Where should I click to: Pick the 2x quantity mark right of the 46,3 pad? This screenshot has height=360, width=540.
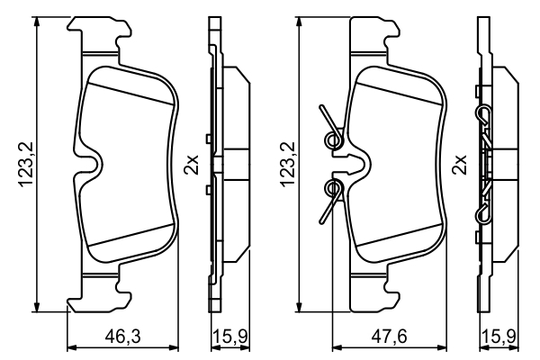pos(191,165)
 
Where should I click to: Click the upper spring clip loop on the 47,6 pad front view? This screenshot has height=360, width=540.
pos(333,135)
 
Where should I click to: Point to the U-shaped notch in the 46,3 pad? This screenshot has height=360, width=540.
pos(93,162)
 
